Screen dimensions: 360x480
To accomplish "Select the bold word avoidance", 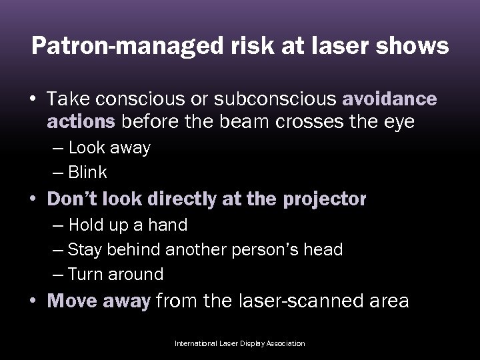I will click(x=389, y=99).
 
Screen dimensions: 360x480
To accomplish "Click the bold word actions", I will click(x=80, y=122).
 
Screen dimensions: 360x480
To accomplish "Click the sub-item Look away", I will click(x=109, y=148).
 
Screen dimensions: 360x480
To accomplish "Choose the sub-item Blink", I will click(x=87, y=172).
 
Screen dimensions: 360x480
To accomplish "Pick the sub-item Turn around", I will click(x=116, y=274).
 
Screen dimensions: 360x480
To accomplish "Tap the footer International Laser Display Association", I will click(x=239, y=343).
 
